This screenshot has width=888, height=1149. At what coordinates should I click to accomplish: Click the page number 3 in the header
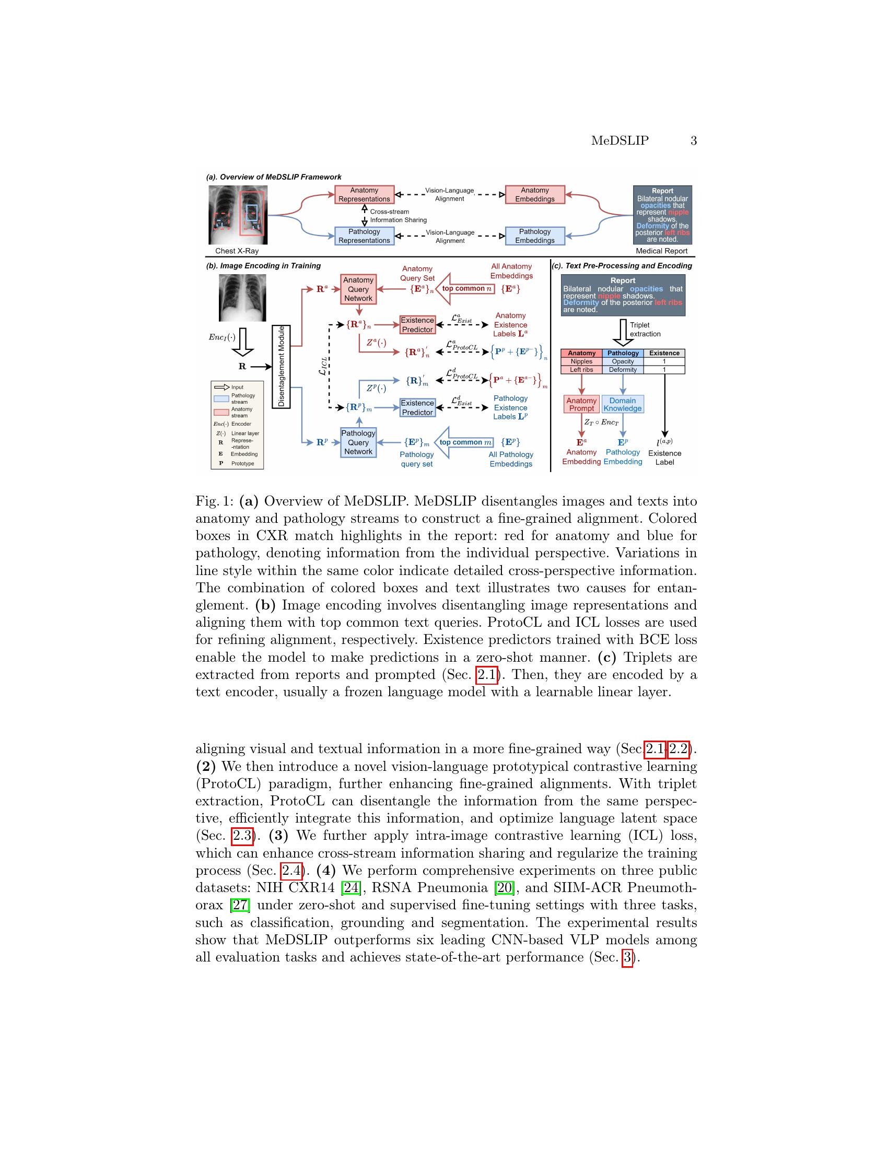coord(693,140)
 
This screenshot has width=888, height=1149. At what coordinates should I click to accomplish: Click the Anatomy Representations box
coord(364,195)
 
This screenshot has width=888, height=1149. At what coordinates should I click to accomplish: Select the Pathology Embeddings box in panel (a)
coord(534,236)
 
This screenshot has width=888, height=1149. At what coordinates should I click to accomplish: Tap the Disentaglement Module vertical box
coord(281,366)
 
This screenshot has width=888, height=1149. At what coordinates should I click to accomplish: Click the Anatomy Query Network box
coord(358,289)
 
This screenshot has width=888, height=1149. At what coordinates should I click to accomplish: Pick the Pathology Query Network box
coord(358,442)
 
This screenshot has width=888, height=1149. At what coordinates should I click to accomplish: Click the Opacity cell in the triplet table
coord(623,361)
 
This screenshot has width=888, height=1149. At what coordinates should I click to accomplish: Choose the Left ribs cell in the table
coord(581,370)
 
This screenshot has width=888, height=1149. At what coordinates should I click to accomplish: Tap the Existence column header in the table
coord(664,353)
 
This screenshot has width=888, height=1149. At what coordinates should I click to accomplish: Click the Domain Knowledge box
coord(622,405)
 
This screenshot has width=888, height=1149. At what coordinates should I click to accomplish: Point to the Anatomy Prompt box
coord(581,405)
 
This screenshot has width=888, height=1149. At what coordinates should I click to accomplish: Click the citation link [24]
coord(350,888)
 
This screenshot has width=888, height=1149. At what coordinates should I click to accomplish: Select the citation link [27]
coord(240,906)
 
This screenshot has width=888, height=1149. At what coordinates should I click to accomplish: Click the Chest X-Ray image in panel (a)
coord(238,215)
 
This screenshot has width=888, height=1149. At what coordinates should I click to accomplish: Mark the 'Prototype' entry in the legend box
coord(242,463)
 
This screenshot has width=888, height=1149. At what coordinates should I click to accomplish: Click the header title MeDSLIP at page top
coord(620,140)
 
